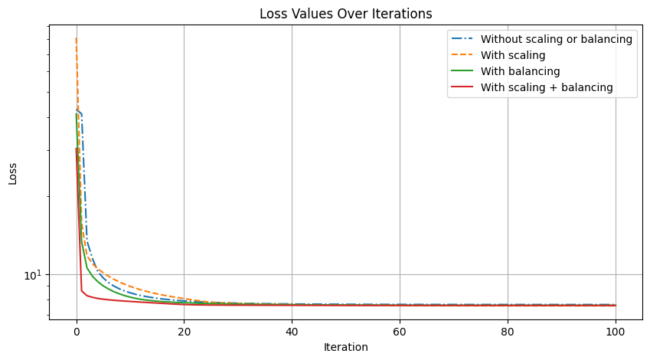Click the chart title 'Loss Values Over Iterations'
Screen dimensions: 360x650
(345, 14)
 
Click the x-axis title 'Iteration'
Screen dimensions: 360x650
(345, 347)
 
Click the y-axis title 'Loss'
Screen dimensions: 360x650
(13, 173)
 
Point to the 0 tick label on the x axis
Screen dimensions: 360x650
(76, 332)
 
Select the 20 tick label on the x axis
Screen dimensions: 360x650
(184, 332)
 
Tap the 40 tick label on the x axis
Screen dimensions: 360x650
(292, 332)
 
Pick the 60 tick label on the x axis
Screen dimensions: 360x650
(400, 332)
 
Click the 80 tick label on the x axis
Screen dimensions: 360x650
(508, 332)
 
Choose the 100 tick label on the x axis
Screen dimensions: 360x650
(615, 332)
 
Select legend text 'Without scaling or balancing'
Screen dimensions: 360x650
(556, 39)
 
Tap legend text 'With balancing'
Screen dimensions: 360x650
(520, 71)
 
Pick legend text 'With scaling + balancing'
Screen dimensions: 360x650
(547, 87)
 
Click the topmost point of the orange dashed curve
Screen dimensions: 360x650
(76, 38)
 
